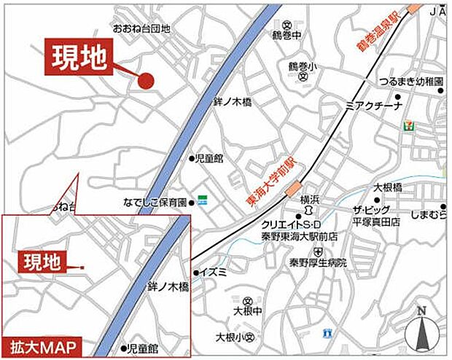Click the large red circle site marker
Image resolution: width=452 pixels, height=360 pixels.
click(147, 82)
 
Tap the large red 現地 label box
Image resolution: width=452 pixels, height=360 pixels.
click(79, 55)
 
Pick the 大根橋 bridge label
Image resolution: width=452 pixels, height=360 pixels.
click(388, 187)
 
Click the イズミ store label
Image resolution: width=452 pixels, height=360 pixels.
click(217, 273)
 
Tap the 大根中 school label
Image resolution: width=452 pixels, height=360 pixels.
click(249, 311)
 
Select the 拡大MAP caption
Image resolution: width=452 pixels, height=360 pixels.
click(46, 346)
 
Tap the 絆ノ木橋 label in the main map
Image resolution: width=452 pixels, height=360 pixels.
click(233, 104)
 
